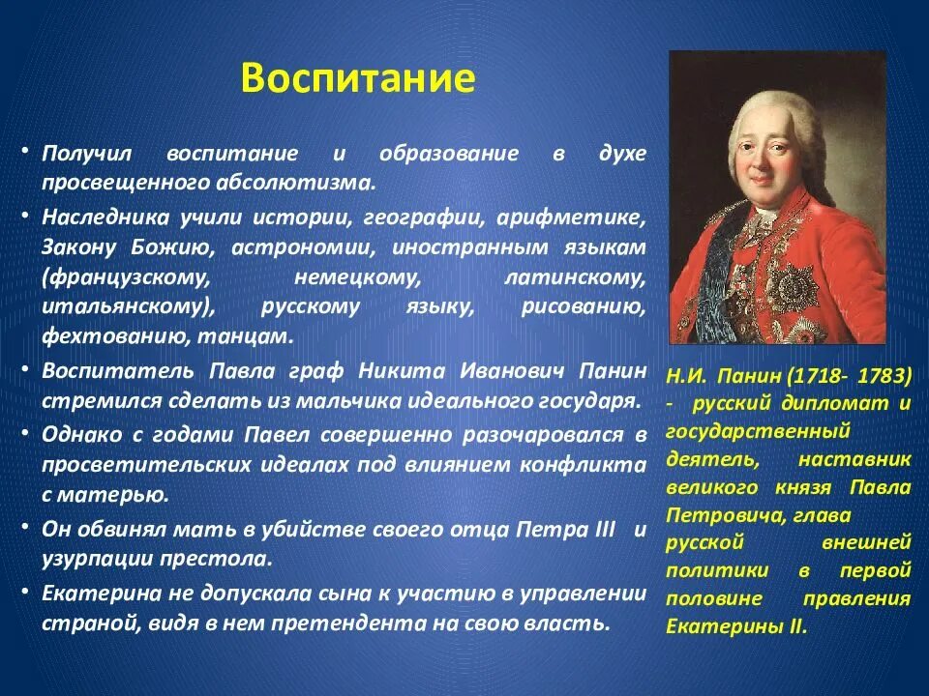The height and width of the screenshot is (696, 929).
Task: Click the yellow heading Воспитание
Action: (x=358, y=77)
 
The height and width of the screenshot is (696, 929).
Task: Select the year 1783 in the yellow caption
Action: (x=881, y=374)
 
